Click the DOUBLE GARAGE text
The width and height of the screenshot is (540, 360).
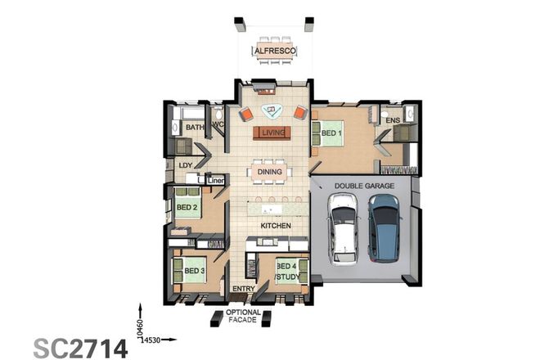[x=364, y=187]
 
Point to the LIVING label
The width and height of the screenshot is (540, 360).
[x=271, y=133]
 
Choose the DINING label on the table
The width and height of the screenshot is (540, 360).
[x=271, y=172]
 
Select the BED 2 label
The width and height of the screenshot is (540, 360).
[x=187, y=208]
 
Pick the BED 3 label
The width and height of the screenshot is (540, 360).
[x=193, y=271]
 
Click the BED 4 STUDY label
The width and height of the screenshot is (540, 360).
[x=287, y=272]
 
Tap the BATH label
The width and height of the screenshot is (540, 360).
[x=194, y=128]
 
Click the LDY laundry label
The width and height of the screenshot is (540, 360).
[x=185, y=164]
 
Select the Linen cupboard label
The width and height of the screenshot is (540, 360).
[x=215, y=179]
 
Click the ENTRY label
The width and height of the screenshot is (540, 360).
[x=244, y=289]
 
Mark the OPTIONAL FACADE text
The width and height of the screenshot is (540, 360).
[x=244, y=317]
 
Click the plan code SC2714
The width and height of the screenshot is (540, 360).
[x=80, y=348]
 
